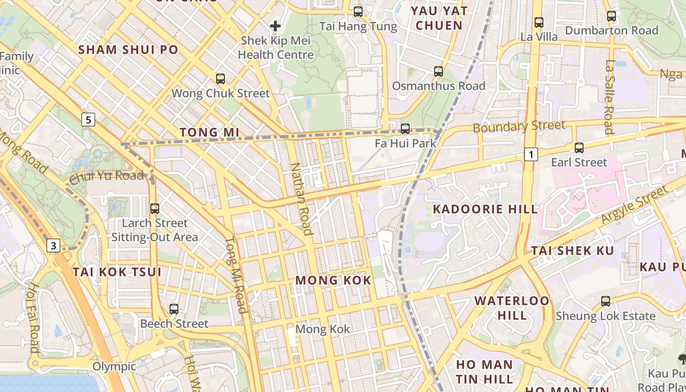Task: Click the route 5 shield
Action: (88, 120)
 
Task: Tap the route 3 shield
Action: (53, 245)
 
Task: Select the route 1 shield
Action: (531, 154)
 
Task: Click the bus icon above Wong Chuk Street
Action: (220, 78)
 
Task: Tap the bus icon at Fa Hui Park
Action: (405, 129)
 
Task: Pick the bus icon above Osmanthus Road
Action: (439, 72)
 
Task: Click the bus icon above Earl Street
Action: (579, 147)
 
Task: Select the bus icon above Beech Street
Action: (174, 309)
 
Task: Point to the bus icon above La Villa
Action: (539, 22)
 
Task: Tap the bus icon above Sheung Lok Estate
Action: (606, 301)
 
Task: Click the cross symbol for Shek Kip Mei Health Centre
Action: (275, 25)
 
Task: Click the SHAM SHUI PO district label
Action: (128, 49)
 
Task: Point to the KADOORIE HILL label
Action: (485, 209)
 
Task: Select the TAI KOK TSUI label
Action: (117, 272)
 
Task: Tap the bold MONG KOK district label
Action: (333, 280)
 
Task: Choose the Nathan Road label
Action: (301, 198)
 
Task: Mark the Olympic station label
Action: (114, 367)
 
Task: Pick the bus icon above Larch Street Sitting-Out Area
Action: (155, 208)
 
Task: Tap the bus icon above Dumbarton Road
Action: (612, 16)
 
